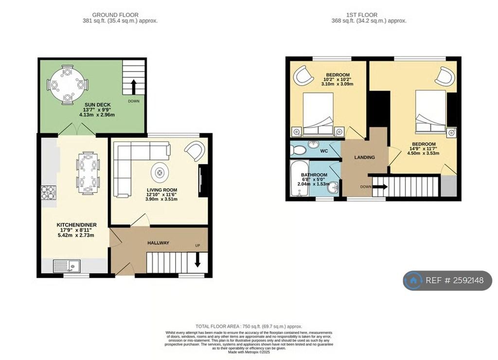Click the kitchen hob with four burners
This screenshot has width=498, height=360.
point(49,193)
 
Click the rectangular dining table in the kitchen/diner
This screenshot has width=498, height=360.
point(88,173)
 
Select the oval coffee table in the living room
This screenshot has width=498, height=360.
point(160,172)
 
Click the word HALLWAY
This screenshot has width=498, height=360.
point(158,243)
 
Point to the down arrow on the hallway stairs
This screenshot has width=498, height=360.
point(198,261)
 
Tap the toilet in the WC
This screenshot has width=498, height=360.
point(298,150)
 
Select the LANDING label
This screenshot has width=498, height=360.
point(364,157)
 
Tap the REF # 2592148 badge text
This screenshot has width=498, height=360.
point(454,281)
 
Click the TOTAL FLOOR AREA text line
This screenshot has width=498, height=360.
point(249,326)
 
